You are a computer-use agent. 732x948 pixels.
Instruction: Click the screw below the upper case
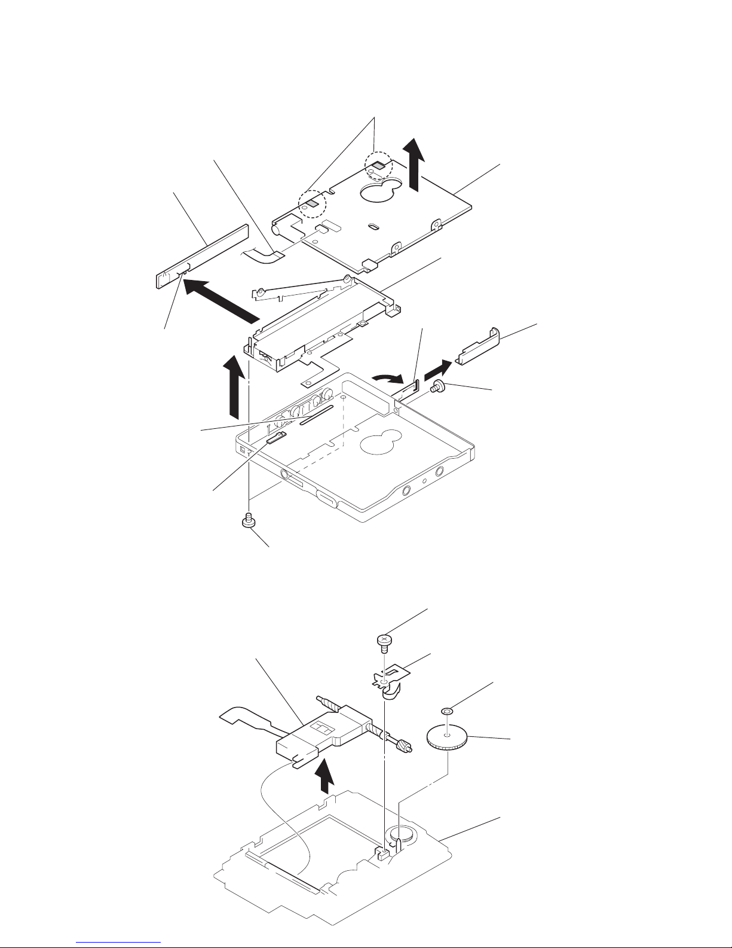(246, 521)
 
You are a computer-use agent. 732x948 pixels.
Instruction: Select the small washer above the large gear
(446, 711)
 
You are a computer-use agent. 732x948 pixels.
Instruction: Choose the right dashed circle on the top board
(378, 165)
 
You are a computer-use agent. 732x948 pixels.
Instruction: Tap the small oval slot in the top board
(372, 227)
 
